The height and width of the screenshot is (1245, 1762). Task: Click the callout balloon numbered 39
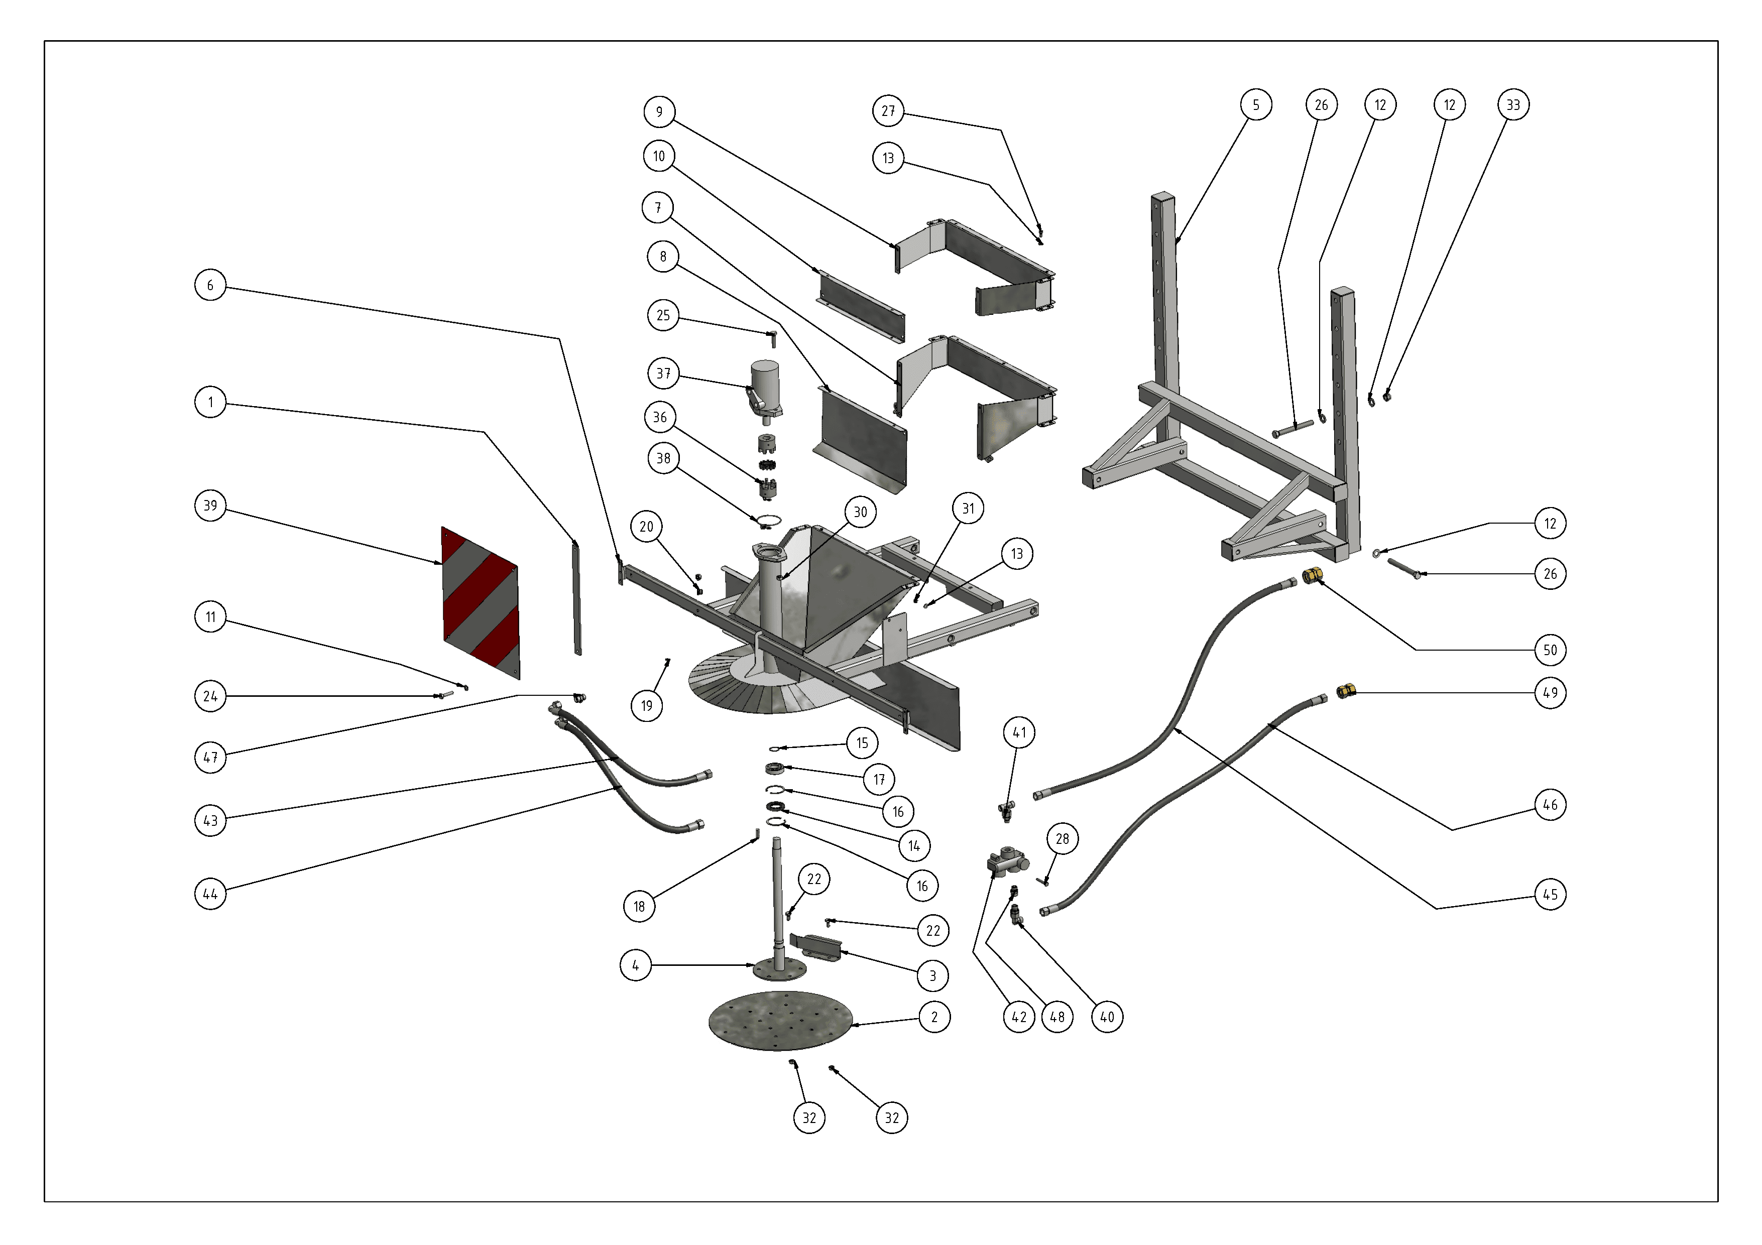pos(210,506)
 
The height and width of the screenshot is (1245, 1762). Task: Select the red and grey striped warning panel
pos(481,602)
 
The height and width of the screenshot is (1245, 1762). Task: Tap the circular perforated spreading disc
pos(780,1021)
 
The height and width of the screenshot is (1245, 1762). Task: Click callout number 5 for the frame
pos(1255,105)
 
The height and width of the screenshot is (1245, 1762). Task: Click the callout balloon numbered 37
pos(663,374)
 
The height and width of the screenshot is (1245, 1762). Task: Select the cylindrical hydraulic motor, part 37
pos(764,390)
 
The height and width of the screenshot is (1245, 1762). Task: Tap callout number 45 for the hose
pos(1550,895)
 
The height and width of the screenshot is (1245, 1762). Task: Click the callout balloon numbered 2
pos(934,1017)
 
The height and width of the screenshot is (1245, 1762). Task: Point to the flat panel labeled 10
pos(860,306)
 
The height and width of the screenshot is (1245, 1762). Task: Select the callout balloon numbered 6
pos(210,285)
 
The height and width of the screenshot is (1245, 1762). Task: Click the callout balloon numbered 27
pos(888,111)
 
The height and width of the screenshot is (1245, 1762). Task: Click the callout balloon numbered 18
pos(639,907)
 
